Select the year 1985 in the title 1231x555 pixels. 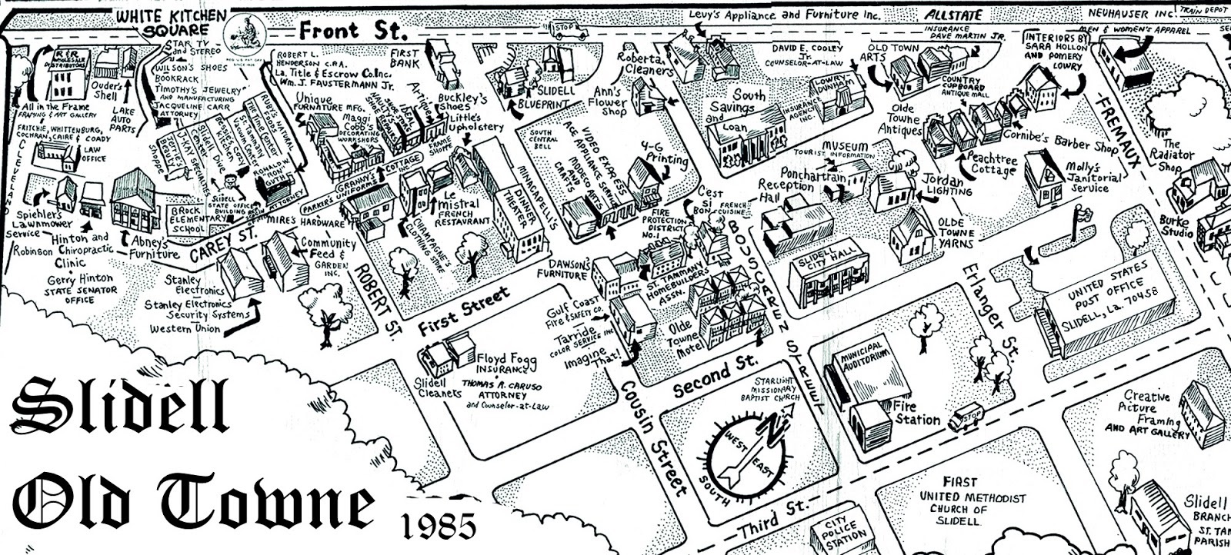(x=439, y=527)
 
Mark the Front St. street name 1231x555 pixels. (x=351, y=32)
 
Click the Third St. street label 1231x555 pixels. (x=772, y=520)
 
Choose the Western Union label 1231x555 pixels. (x=185, y=328)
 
